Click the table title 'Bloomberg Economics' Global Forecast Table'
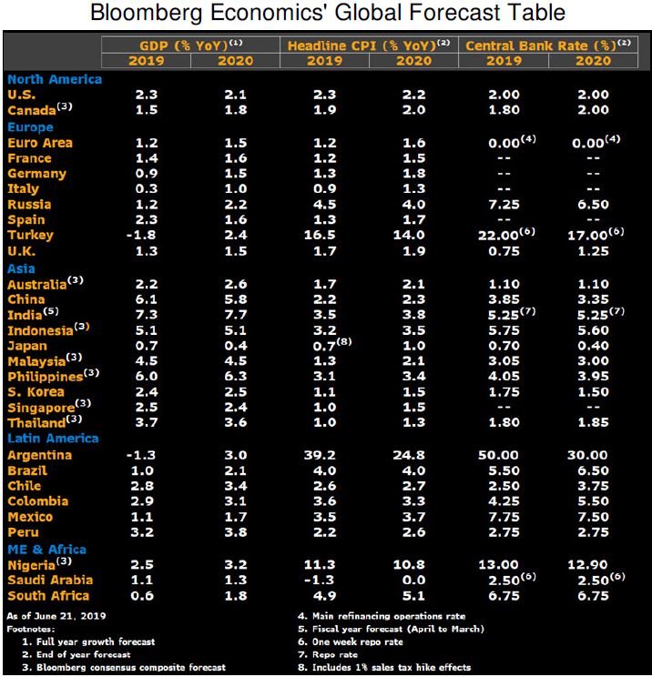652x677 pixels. (x=326, y=14)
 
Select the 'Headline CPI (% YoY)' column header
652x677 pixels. (x=363, y=45)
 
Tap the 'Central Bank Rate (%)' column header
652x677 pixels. (x=545, y=45)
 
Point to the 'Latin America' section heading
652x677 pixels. (x=53, y=439)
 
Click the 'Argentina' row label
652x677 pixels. (x=39, y=455)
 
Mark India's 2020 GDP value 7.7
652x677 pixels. (x=237, y=314)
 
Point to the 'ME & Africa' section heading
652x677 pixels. (x=46, y=549)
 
